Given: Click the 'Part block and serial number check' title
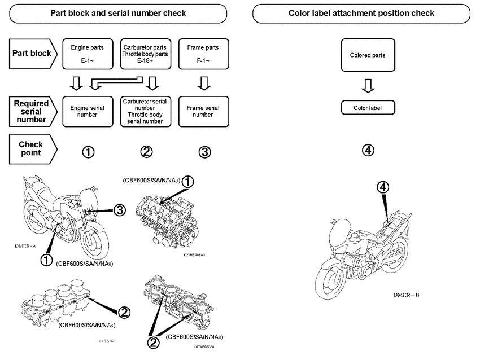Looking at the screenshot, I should [118, 13].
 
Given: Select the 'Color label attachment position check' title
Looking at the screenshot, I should [361, 13].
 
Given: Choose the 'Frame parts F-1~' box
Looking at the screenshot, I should [203, 55].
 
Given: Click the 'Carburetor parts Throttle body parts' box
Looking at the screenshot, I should [146, 55].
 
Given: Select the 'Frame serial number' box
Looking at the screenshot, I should [203, 111].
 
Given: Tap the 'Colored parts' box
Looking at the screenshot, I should [368, 55].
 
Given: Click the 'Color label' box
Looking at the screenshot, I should [368, 108].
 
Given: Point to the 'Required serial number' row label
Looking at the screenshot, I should [31, 111].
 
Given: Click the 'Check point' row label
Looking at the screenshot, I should [31, 148].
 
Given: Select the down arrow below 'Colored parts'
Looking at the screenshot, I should [368, 86].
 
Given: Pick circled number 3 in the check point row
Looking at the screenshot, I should [204, 151].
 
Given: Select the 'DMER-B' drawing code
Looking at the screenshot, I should [406, 295].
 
